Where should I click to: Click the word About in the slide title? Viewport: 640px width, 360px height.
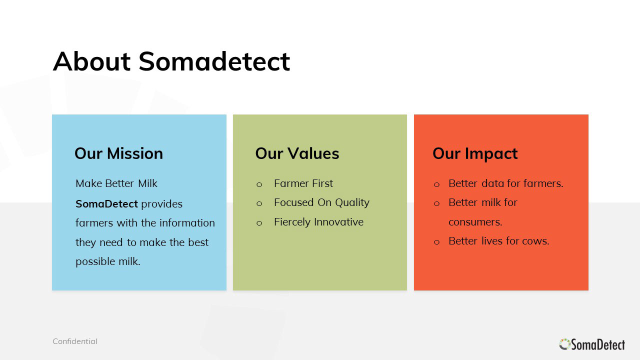pos(91,61)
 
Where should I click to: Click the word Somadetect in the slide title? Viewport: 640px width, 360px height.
pos(214,61)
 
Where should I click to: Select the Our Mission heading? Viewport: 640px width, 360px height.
pos(118,153)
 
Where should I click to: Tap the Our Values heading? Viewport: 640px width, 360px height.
pos(297,153)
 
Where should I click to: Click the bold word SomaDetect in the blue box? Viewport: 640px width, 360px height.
pos(106,204)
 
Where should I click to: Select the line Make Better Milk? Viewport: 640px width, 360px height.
pos(116,183)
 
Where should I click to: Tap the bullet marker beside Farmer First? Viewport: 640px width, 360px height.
pos(259,184)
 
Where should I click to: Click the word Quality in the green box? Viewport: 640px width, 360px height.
pos(352,203)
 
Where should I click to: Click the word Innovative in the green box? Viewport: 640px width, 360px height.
pos(339,222)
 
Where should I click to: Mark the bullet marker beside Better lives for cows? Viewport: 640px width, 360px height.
pos(436,242)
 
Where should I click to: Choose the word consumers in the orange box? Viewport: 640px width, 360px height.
pos(474,222)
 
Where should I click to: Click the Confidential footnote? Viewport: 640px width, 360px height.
pos(75,341)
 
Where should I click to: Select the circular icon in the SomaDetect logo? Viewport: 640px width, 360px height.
pos(565,344)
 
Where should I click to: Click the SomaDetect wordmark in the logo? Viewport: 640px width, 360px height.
pos(598,344)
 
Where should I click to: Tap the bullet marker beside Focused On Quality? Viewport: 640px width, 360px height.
pos(259,203)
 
